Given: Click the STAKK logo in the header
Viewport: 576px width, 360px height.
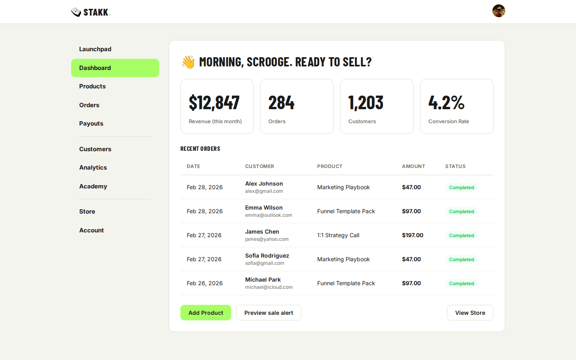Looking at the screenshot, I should coord(91,12).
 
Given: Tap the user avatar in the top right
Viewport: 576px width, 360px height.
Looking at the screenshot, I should coord(498,11).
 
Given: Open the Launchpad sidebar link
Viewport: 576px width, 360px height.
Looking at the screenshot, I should coord(95,49).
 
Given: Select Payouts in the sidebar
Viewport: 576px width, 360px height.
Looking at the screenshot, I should coord(91,124).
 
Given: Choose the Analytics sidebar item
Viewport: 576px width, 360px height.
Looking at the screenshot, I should coord(93,168).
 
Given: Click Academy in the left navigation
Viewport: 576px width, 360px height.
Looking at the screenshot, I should coord(93,186).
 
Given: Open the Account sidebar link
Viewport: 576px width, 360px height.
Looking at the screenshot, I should coord(92,230).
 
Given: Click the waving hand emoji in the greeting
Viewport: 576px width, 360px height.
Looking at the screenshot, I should coord(188,62).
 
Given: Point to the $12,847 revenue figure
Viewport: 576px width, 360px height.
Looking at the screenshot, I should coord(214,103).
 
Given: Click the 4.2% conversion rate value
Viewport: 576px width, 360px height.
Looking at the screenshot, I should coord(446,103).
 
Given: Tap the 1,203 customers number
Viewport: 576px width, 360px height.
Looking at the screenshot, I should coord(366,103).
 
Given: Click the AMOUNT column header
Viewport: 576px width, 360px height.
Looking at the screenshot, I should coord(413,166).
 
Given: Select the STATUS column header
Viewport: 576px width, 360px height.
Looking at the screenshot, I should coord(455,166).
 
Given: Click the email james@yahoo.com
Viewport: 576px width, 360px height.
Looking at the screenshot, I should coord(267,239).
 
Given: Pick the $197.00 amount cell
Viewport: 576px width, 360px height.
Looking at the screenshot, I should coord(412,235).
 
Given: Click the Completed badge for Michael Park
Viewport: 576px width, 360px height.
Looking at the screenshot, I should coord(461,284).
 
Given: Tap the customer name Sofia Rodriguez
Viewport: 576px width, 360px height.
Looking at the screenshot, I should coord(267,256).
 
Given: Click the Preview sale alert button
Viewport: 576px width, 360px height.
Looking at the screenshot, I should coord(269,313).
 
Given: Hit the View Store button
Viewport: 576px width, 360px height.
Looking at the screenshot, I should coord(470,313).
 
